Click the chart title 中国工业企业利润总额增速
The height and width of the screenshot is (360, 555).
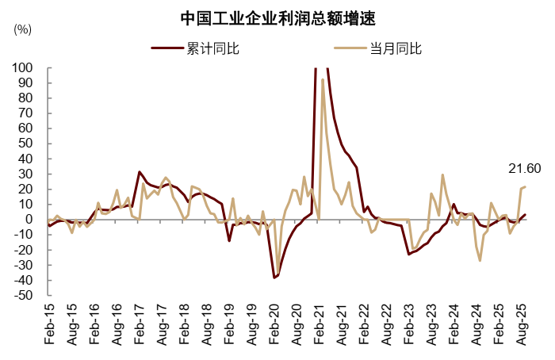[277, 17]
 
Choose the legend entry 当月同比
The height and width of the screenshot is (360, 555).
[396, 49]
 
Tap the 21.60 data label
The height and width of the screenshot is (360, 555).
[524, 168]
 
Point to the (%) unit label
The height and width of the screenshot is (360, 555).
[23, 29]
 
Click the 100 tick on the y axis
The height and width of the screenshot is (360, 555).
[22, 68]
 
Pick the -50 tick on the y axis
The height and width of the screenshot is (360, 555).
[22, 295]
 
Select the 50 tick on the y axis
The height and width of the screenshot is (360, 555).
[25, 144]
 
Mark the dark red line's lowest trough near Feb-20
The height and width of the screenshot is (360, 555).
[274, 278]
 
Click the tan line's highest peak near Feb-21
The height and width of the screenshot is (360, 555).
[323, 79]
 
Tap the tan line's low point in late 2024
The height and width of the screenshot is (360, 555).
[480, 260]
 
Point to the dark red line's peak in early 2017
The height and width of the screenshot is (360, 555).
[140, 172]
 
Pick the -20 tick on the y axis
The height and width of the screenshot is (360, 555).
[22, 250]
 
